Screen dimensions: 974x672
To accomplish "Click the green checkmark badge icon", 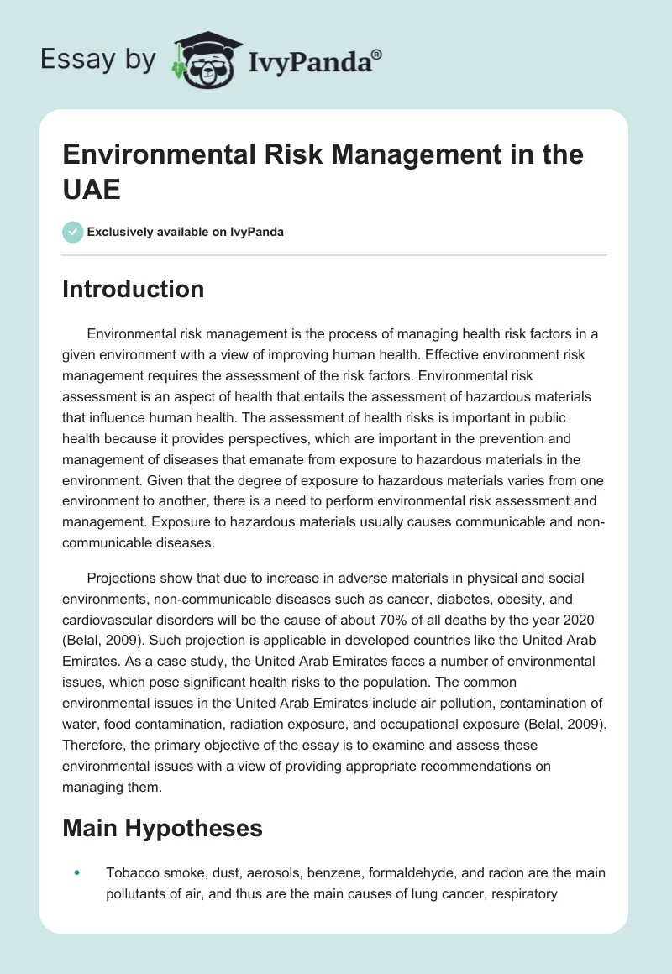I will point(73,232).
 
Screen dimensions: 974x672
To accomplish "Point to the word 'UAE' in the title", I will point(92,189).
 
